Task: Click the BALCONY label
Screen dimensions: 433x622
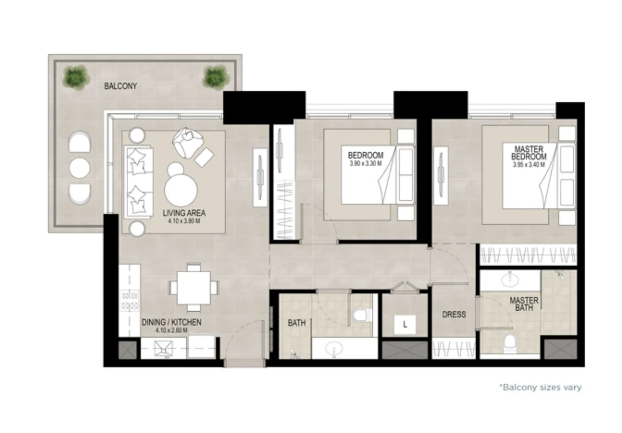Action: coord(121,86)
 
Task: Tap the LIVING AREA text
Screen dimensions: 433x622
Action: coord(184,213)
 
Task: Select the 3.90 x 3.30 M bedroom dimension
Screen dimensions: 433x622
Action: coord(365,163)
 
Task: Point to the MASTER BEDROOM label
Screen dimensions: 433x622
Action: coord(529,153)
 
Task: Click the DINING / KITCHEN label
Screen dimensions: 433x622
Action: coord(171,322)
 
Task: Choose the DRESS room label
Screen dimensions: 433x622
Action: coord(454,315)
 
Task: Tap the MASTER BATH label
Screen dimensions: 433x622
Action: coord(524,304)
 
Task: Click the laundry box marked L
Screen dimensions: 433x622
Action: coord(405,324)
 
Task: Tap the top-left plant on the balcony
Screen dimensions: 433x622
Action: coord(76,76)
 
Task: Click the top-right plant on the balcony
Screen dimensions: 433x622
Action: coord(215,76)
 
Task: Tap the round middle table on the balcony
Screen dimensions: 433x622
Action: coord(79,168)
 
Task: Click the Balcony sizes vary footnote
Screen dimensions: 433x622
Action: coord(540,387)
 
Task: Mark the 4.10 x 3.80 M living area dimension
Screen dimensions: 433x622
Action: coord(184,221)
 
